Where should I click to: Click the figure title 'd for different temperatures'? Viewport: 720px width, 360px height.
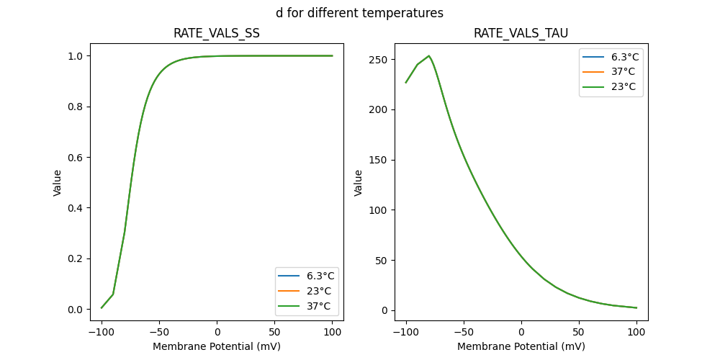359,13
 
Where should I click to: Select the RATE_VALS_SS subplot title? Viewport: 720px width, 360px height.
216,33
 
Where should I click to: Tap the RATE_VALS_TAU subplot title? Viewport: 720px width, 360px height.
521,33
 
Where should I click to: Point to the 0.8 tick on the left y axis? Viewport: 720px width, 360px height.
75,107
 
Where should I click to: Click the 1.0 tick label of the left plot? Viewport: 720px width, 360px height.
75,56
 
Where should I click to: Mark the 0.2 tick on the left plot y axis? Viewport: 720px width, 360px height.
75,258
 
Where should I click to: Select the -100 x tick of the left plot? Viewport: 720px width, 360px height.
102,332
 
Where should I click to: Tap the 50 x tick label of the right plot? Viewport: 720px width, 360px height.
579,332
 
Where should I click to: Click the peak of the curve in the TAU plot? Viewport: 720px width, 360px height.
428,55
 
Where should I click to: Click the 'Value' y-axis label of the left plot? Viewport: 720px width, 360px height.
58,183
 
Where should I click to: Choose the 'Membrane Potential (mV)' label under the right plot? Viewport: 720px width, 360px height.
521,346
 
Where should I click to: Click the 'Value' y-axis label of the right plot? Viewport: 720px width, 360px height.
359,183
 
